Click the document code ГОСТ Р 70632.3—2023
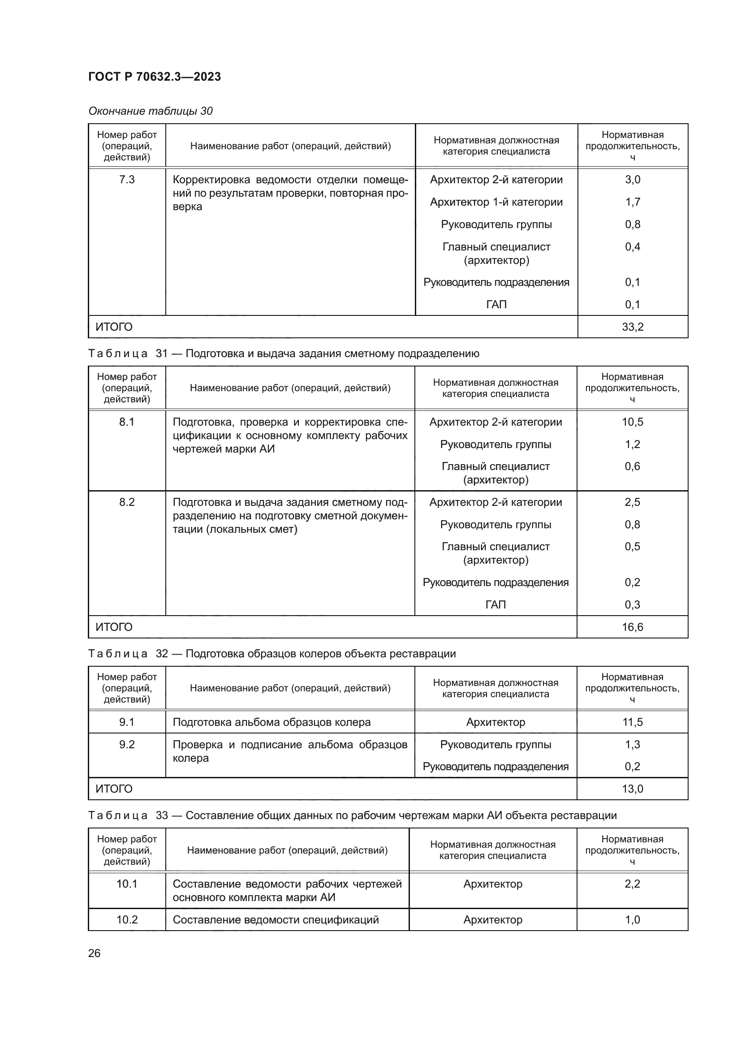point(154,77)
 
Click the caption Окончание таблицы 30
point(150,111)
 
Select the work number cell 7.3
point(127,180)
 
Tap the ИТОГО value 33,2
point(633,327)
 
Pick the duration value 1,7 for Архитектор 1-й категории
point(633,202)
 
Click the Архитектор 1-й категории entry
point(496,202)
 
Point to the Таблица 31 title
point(283,353)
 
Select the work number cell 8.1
point(127,422)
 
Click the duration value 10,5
point(633,422)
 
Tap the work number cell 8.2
point(127,502)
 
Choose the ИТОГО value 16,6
point(633,627)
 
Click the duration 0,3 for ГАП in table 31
point(633,604)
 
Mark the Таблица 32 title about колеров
point(272,654)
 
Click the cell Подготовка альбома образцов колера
point(271,722)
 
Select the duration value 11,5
point(633,722)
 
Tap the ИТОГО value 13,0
point(633,789)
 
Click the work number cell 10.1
point(127,884)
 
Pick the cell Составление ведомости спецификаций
point(276,920)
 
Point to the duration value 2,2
point(633,884)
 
